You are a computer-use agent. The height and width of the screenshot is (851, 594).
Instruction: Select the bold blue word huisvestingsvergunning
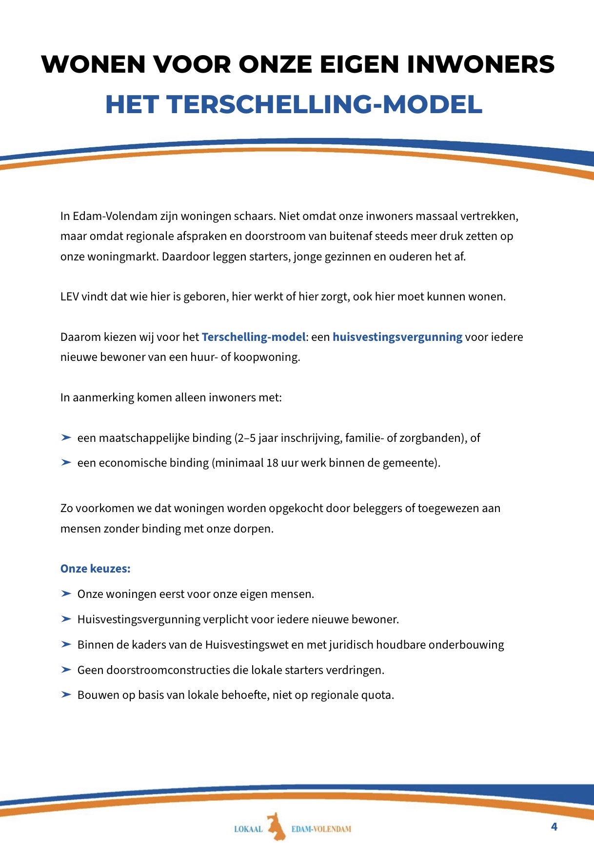tap(397, 337)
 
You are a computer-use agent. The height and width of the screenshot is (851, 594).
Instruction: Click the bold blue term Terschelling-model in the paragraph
tap(254, 337)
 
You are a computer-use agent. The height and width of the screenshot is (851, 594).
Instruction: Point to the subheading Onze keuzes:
tap(96, 569)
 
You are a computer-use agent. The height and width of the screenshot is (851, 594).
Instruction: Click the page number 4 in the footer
tap(554, 827)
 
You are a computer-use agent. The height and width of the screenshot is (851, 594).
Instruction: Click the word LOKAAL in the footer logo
tap(248, 829)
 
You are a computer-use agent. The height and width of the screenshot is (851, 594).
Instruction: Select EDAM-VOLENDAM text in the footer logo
tap(321, 829)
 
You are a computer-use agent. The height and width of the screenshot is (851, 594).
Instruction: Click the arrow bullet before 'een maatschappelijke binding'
tap(66, 438)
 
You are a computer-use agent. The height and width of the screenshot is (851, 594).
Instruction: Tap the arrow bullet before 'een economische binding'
tap(66, 463)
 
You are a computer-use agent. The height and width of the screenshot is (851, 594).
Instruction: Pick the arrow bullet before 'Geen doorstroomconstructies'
tap(66, 670)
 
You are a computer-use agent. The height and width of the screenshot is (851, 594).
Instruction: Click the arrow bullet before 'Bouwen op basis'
tap(66, 695)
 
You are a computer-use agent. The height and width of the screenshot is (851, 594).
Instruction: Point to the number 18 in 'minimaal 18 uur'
tap(272, 463)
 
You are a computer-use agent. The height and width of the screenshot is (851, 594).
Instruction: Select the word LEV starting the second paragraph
tap(70, 297)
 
